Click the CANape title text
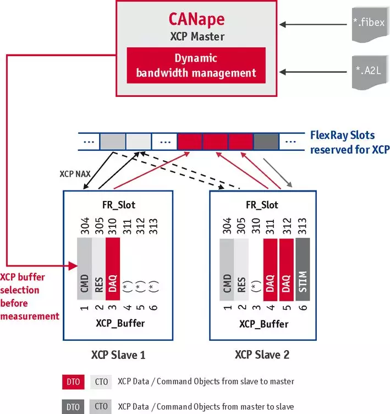click(196, 19)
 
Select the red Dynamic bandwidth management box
click(196, 65)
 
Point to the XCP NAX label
click(74, 173)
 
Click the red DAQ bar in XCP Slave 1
click(113, 270)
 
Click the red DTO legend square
click(73, 382)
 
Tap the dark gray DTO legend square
click(73, 407)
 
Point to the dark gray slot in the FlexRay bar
click(266, 142)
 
